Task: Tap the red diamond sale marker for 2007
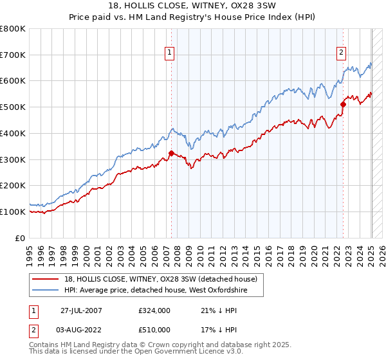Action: (x=171, y=153)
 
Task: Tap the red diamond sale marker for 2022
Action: (x=343, y=104)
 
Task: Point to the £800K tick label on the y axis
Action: (x=14, y=29)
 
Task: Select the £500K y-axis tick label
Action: (x=14, y=107)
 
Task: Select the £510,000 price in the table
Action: (x=154, y=330)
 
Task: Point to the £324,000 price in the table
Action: (x=154, y=310)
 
